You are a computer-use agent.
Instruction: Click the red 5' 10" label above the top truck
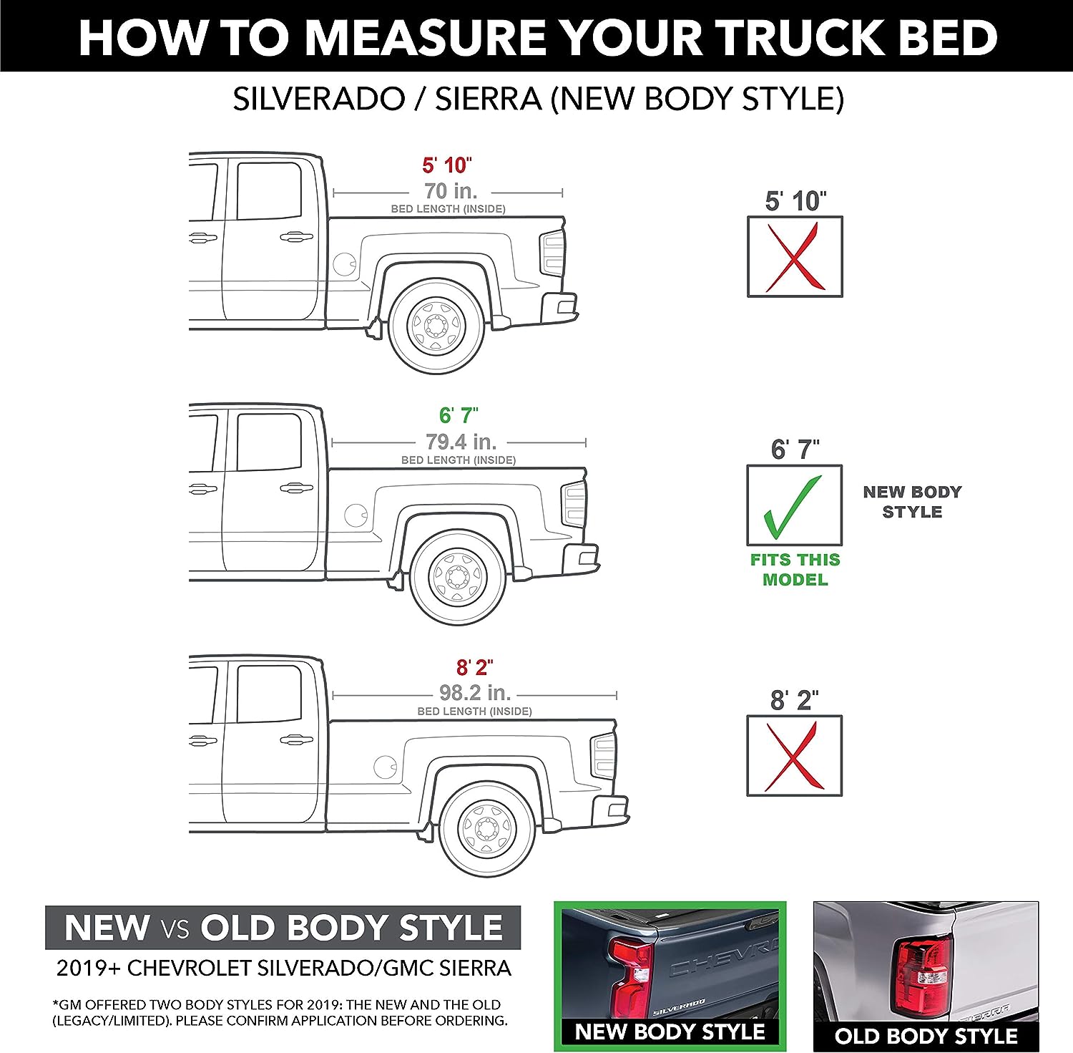(x=446, y=165)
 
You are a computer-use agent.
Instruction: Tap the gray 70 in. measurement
(x=451, y=191)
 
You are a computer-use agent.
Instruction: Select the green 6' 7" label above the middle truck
(x=459, y=415)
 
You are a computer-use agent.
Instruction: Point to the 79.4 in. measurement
(x=461, y=442)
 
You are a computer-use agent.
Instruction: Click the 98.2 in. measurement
(x=475, y=693)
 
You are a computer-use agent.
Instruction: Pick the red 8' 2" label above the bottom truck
(x=475, y=667)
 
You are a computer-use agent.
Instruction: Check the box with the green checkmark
(x=795, y=505)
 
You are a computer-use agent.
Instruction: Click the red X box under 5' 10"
(x=795, y=256)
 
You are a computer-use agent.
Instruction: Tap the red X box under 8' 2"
(x=795, y=756)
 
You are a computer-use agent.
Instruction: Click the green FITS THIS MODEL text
(x=795, y=570)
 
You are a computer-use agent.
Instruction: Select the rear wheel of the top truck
(x=436, y=326)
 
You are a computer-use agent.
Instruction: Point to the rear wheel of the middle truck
(x=459, y=576)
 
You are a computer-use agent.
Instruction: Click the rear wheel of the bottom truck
(x=487, y=828)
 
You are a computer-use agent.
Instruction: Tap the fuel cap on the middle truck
(x=356, y=515)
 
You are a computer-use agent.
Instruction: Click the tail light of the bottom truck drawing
(x=604, y=757)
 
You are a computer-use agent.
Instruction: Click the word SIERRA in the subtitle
(x=488, y=99)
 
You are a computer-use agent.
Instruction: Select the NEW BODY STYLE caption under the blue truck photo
(x=670, y=1032)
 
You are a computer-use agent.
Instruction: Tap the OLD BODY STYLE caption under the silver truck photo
(x=926, y=1036)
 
